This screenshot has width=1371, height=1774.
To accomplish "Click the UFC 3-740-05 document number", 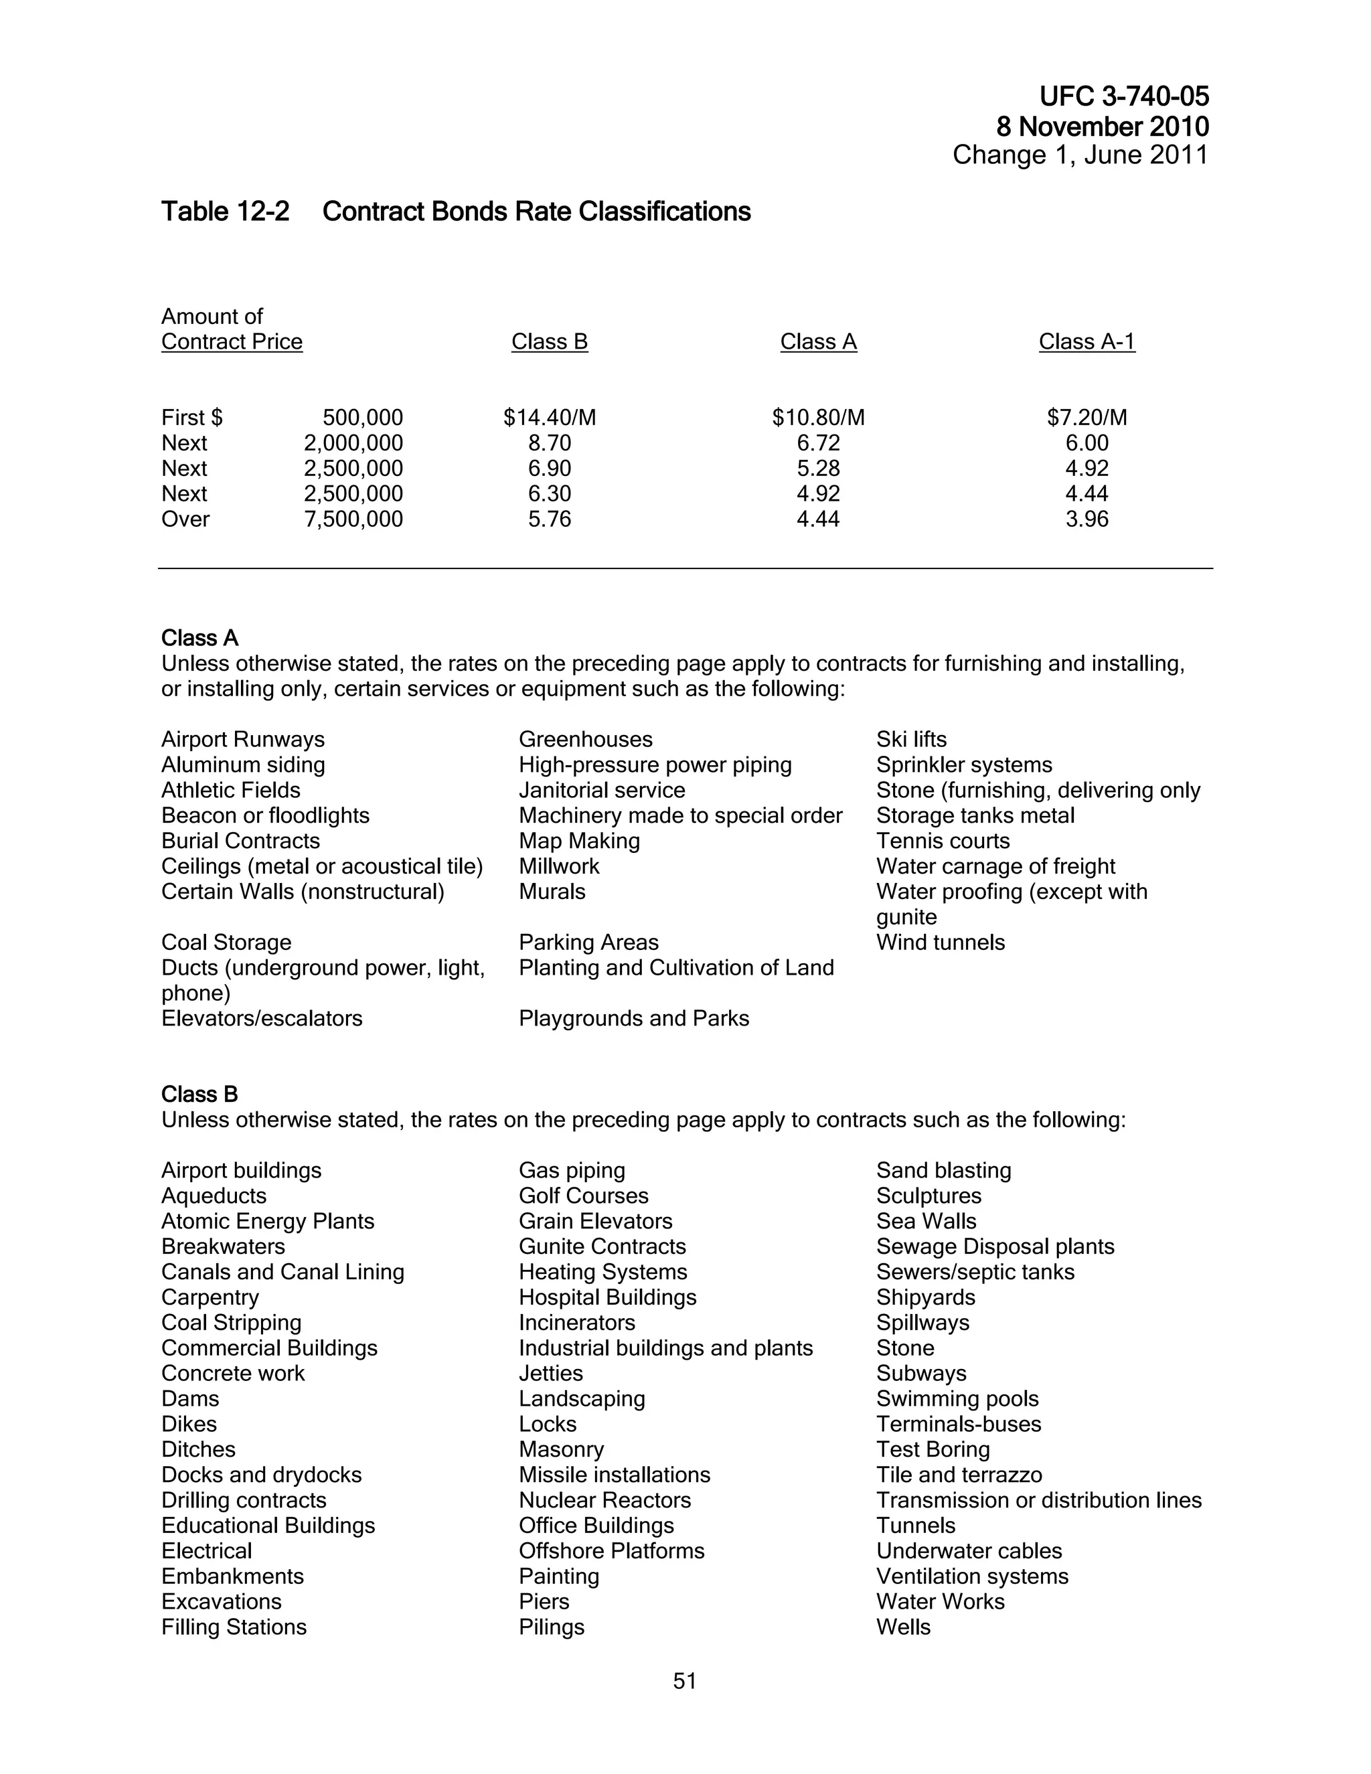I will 1123,96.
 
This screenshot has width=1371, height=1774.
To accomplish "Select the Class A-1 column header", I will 1086,342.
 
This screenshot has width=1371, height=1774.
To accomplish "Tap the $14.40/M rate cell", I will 549,418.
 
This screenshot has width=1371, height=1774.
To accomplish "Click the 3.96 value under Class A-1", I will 1086,519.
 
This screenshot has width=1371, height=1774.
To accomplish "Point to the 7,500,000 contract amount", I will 353,519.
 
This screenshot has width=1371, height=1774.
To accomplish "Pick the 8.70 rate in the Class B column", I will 549,442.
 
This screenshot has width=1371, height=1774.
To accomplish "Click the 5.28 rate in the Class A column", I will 818,469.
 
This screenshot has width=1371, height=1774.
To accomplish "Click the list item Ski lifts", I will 911,739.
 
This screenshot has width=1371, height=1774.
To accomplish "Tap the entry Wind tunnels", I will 941,943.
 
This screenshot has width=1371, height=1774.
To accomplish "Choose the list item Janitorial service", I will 602,791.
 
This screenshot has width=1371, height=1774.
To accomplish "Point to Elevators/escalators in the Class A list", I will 262,1019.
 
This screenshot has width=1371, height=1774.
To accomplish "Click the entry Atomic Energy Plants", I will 267,1222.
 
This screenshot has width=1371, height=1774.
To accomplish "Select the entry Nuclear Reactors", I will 605,1500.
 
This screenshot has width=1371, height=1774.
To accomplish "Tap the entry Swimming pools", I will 957,1398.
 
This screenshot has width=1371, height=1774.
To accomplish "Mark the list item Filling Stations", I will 234,1627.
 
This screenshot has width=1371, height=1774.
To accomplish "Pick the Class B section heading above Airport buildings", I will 199,1094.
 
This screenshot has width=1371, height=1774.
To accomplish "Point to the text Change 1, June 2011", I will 1080,155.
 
